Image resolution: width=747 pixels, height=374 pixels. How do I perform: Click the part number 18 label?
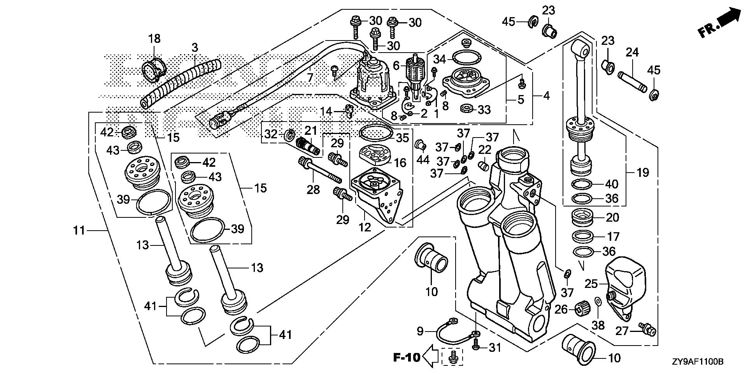[x=154, y=39]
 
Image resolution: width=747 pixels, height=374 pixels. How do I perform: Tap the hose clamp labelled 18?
[x=154, y=70]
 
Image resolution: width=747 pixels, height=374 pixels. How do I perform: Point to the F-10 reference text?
[x=407, y=357]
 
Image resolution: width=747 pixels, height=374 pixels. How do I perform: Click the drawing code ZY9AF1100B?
[x=696, y=362]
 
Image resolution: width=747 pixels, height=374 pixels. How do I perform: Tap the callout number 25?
[x=591, y=284]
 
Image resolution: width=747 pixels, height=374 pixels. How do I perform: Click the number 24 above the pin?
[x=633, y=52]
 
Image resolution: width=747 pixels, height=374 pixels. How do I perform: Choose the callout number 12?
[x=365, y=227]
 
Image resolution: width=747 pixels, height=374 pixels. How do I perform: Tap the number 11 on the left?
[x=79, y=231]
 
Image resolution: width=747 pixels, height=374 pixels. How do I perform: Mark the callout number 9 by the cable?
[x=420, y=332]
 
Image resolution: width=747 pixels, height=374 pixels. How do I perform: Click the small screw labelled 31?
[x=475, y=346]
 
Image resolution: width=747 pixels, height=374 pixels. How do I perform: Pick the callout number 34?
[x=440, y=60]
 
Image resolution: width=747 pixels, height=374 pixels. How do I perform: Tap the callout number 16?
[x=400, y=162]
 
